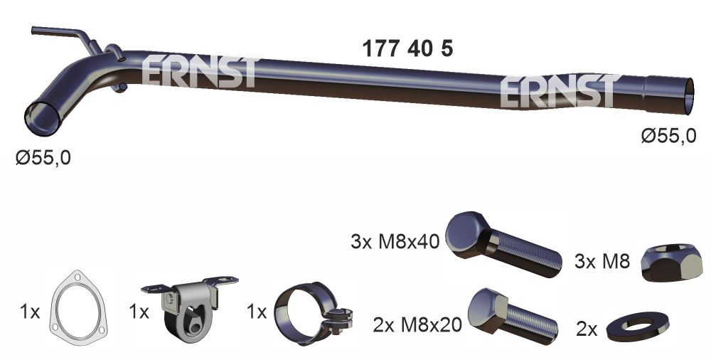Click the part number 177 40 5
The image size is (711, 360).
407,49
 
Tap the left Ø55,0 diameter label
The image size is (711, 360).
43,157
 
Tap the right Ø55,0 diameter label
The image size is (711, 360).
668,136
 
